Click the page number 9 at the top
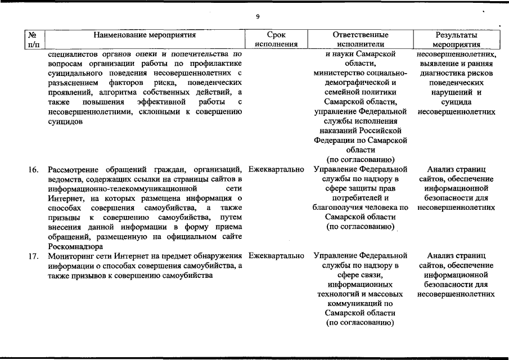pos(257,17)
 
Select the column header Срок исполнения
pos(276,39)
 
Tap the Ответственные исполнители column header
pos(361,39)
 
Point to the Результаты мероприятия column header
pos(457,39)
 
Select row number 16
pos(33,169)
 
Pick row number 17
pos(33,256)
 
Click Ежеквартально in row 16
pos(276,169)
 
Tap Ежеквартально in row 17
pos(276,256)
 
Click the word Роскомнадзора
pos(75,246)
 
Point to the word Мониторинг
pos(71,256)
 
